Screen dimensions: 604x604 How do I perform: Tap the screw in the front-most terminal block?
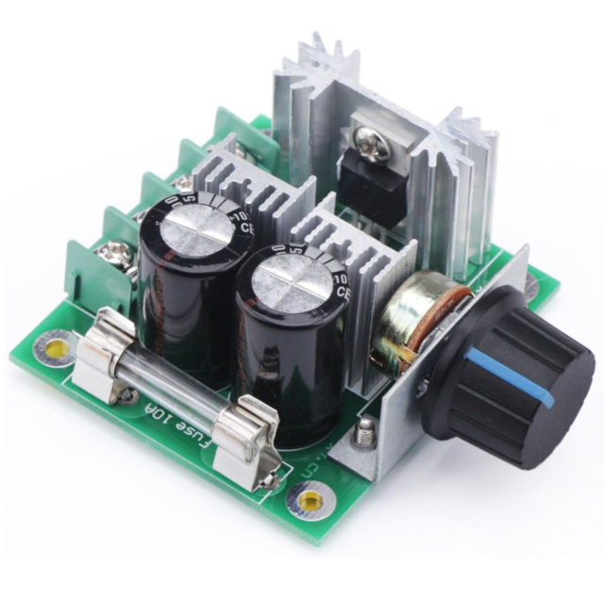[115, 253]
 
